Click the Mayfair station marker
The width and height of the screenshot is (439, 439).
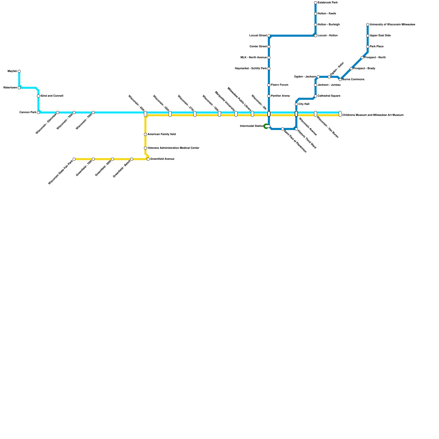[19, 71]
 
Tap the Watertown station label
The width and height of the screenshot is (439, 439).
[10, 88]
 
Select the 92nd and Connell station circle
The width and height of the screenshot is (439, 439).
[38, 96]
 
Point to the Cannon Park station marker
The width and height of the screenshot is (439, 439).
[38, 112]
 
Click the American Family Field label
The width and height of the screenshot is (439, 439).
[162, 134]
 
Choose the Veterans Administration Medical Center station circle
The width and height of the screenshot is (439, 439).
[145, 148]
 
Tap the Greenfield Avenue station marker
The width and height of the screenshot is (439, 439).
[148, 159]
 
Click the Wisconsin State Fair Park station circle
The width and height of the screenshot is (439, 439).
[74, 159]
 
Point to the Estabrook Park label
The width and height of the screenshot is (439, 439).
[328, 3]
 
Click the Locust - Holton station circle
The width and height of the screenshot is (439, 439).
[316, 36]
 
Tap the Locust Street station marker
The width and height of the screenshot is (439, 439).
[269, 36]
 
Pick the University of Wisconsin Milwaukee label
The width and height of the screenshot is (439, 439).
[392, 25]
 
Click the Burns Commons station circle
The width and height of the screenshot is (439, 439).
[340, 80]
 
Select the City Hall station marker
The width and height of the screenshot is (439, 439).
[296, 104]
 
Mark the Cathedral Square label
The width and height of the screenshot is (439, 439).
[329, 96]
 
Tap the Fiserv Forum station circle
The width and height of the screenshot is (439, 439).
[269, 85]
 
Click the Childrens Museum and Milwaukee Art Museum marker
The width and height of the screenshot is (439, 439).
[340, 114]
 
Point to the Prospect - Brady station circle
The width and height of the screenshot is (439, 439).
[351, 69]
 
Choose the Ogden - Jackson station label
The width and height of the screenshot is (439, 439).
[305, 77]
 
